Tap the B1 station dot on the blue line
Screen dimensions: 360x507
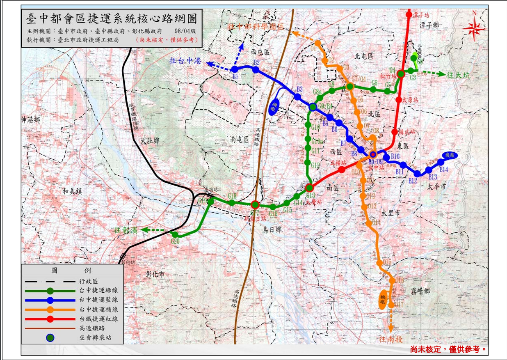235,69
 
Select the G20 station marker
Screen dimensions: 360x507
175,234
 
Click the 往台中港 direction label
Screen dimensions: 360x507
185,61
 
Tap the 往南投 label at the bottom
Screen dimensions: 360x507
391,339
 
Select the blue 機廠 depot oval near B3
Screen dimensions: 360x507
274,108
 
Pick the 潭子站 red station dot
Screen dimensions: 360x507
409,15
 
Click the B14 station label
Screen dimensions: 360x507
444,169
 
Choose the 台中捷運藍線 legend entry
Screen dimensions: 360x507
98,300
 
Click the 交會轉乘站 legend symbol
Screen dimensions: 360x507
50,338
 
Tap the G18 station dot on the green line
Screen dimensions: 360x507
232,202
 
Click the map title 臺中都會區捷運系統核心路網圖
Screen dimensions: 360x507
111,19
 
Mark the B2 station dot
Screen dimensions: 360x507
256,70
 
